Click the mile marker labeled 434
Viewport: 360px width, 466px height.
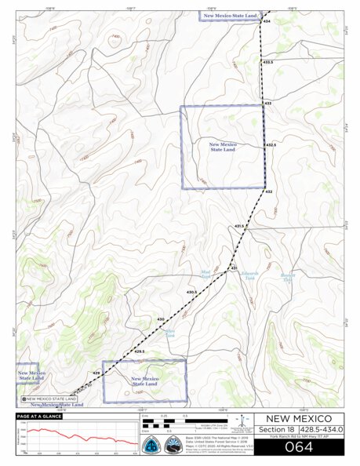coord(267,22)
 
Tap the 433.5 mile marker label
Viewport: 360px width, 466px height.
coord(268,62)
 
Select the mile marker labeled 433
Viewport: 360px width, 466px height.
coord(267,103)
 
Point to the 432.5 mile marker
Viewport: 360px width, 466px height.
coord(271,145)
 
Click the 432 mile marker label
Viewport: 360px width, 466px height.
coord(267,191)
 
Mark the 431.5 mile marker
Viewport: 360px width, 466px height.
coord(240,226)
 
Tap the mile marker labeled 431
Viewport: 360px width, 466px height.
coord(233,269)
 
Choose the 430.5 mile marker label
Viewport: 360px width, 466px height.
coord(191,292)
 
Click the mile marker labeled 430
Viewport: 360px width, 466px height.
coord(161,319)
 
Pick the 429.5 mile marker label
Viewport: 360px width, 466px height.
coord(140,351)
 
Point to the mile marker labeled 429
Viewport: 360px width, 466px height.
coord(96,373)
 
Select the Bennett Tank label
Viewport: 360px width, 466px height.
coord(287,277)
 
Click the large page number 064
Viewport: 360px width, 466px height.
coord(298,448)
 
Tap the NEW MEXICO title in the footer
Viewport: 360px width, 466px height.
coord(298,418)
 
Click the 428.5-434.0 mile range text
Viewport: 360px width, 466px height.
coord(320,429)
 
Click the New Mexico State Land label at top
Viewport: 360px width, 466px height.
coord(230,15)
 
